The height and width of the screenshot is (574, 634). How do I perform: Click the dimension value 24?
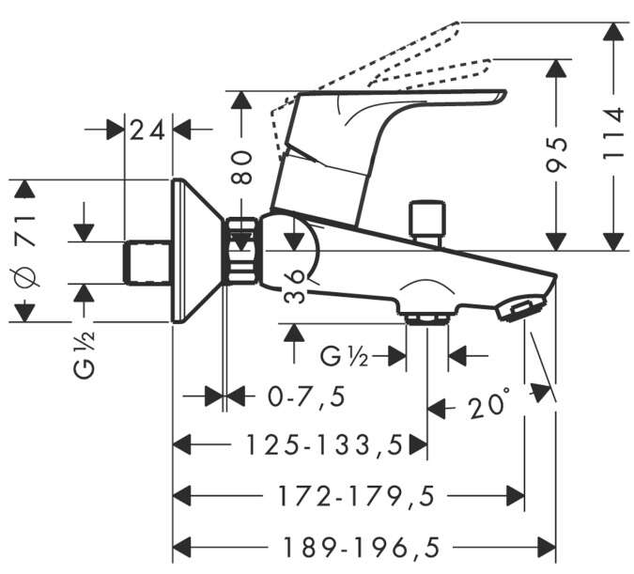pos(147,131)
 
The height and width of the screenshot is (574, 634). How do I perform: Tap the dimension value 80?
pos(241,167)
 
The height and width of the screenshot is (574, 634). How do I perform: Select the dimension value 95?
pos(557,154)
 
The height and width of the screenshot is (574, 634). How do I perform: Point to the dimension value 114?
pos(613,133)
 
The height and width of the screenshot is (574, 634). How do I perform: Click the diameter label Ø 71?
pos(27,252)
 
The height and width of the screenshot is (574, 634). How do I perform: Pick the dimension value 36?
pos(295,287)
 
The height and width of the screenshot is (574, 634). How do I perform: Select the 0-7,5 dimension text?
pos(307,396)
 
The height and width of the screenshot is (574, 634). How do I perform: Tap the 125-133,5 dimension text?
pos(325,445)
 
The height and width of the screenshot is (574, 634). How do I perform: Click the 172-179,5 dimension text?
pos(356,496)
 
